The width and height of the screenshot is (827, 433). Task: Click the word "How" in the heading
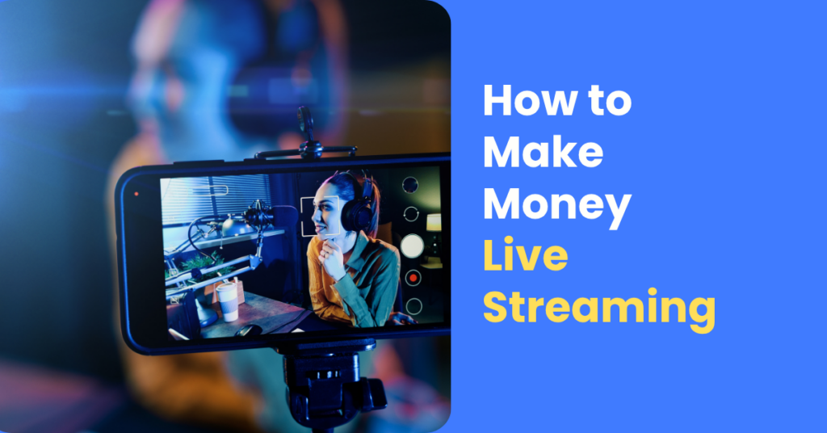pyautogui.click(x=524, y=100)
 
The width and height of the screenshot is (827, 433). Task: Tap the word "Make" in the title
pyautogui.click(x=544, y=152)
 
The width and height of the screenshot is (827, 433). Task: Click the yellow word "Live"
pyautogui.click(x=525, y=254)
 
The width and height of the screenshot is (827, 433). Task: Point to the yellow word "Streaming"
pyautogui.click(x=599, y=310)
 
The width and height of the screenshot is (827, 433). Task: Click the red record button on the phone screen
pyautogui.click(x=413, y=277)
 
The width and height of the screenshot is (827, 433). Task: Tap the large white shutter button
pyautogui.click(x=412, y=246)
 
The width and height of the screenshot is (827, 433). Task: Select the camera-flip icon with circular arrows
pyautogui.click(x=411, y=213)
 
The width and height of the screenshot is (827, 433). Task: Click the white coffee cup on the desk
pyautogui.click(x=227, y=301)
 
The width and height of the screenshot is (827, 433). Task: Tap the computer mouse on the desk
pyautogui.click(x=248, y=330)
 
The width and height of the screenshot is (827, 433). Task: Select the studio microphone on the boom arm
pyautogui.click(x=258, y=215)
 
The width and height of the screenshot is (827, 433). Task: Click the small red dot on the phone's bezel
pyautogui.click(x=136, y=194)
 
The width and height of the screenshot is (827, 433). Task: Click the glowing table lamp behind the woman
pyautogui.click(x=434, y=223)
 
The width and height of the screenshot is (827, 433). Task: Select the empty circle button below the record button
pyautogui.click(x=413, y=306)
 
